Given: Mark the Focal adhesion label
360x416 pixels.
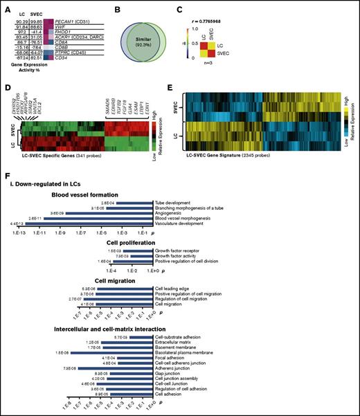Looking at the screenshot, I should click(171, 357).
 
